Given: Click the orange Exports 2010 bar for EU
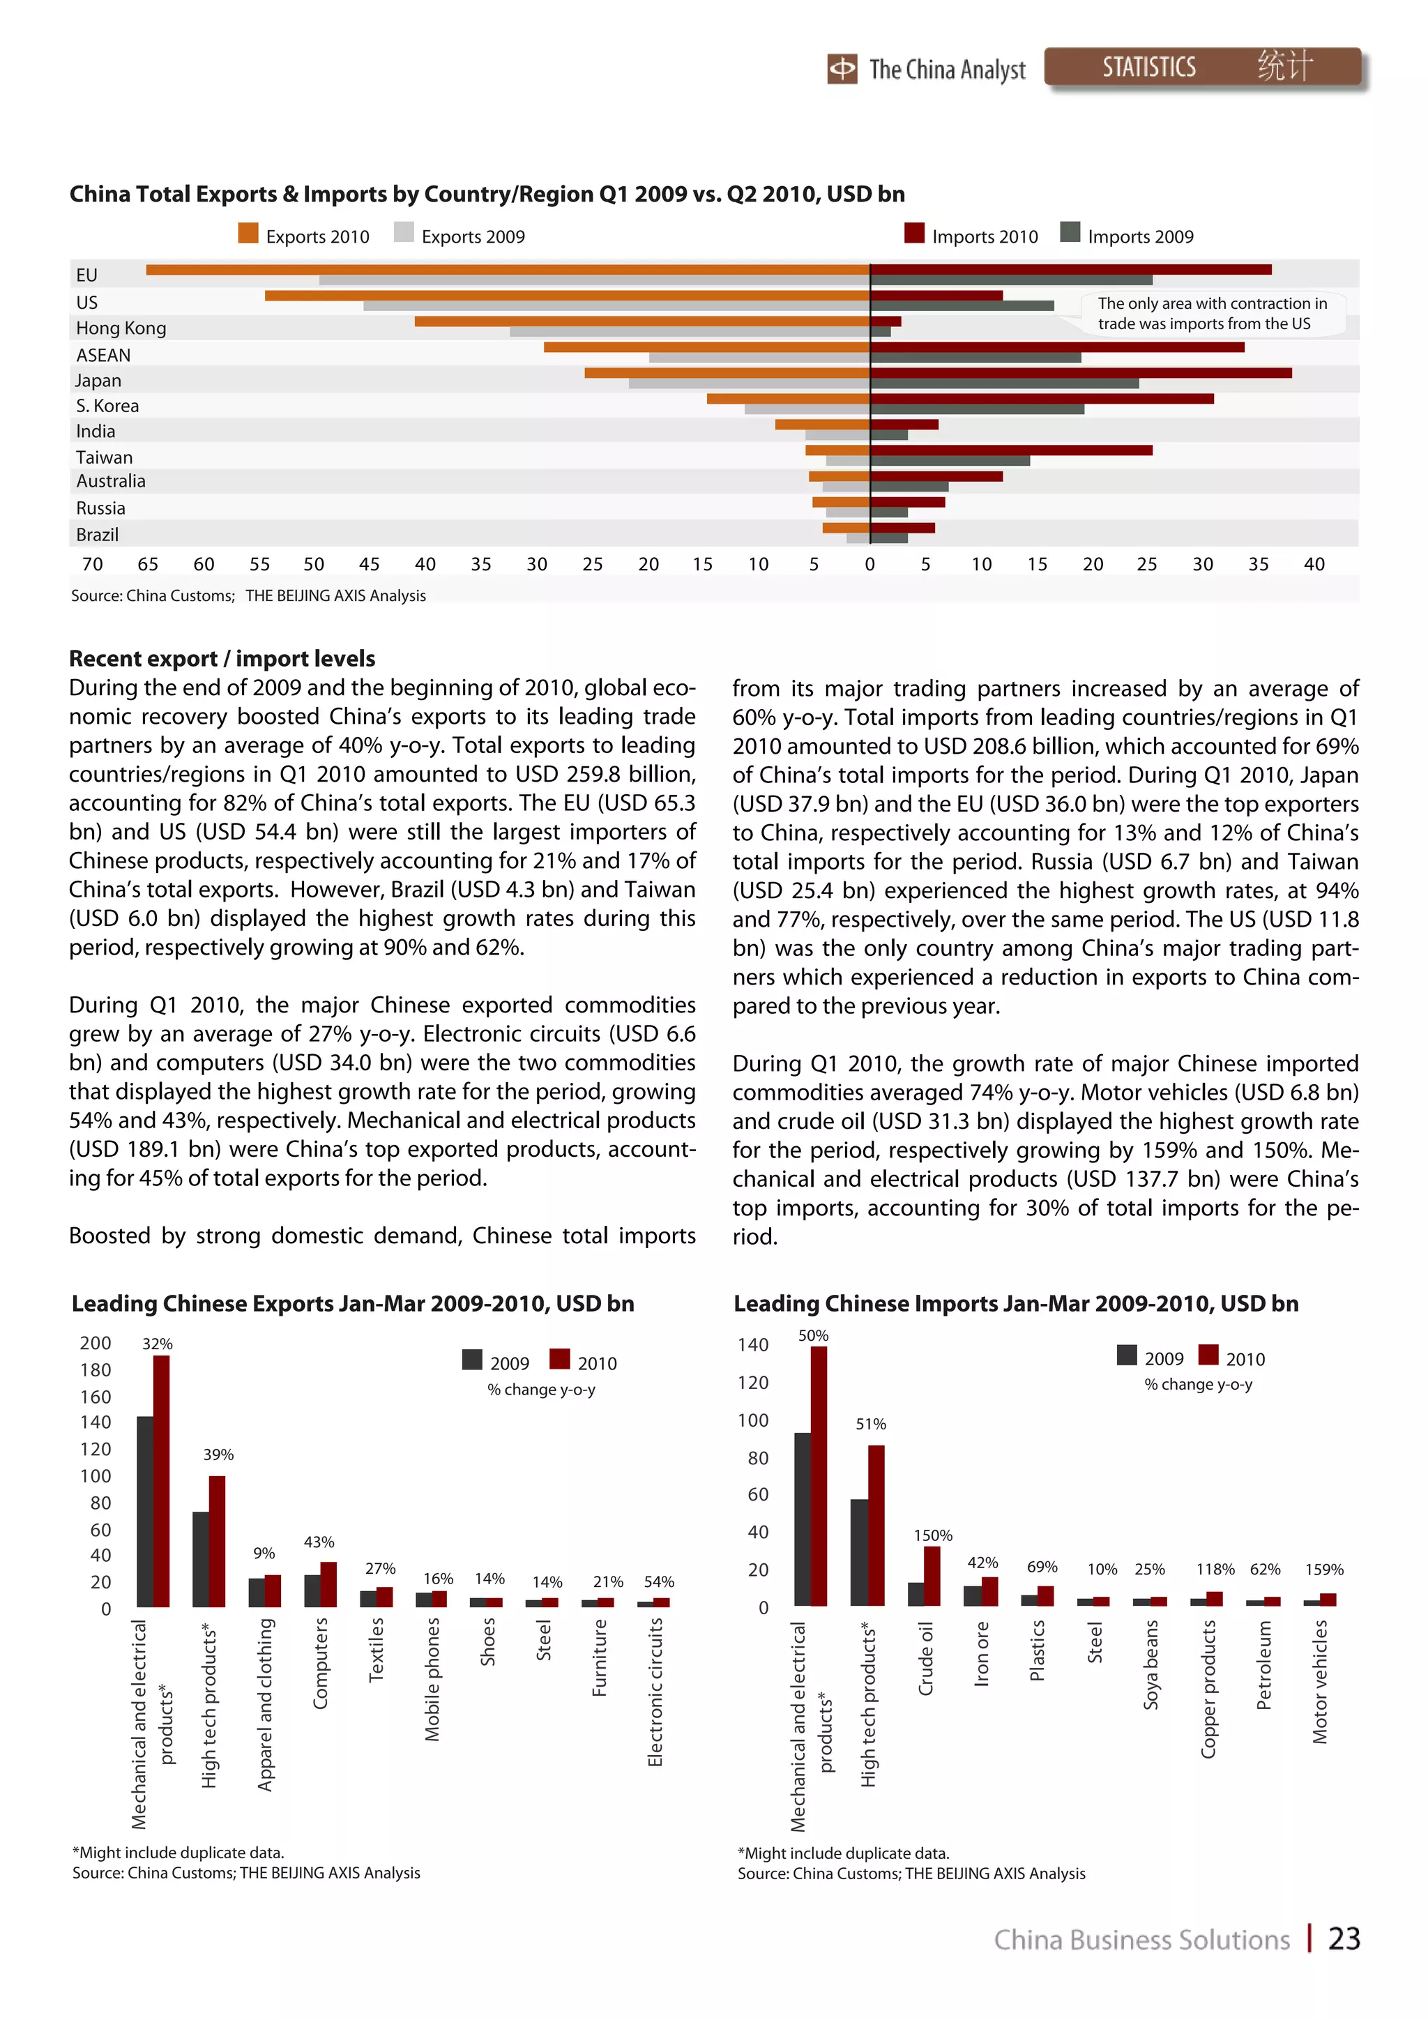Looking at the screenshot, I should click(508, 270).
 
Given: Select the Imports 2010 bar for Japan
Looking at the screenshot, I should click(1081, 373).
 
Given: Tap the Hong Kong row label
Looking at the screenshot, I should click(121, 328).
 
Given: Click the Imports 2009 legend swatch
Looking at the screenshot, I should click(1070, 232).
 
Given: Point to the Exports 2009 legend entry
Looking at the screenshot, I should click(460, 236).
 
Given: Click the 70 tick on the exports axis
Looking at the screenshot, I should click(91, 564).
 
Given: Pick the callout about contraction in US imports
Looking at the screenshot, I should click(1212, 313).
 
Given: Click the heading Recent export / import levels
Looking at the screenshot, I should click(222, 658).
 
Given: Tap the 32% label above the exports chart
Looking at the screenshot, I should click(158, 1344).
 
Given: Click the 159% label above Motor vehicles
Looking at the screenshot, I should click(1323, 1570).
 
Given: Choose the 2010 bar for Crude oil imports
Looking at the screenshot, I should click(932, 1576).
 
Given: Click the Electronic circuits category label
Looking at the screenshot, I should click(655, 1691).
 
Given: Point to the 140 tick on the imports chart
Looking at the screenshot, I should click(752, 1344).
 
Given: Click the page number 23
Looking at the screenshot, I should click(1344, 1939).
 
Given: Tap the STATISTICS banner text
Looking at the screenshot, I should click(1148, 68).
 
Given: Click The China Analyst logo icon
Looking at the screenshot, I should click(842, 68).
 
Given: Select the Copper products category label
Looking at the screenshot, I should click(1208, 1689).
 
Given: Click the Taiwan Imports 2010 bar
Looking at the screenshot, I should click(1011, 450).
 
